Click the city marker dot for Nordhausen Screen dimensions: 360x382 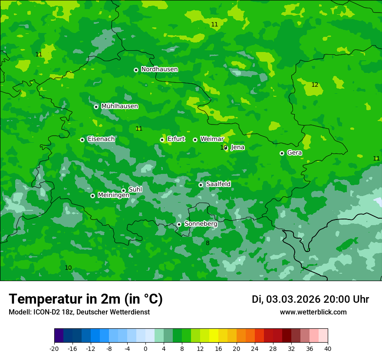(136, 70)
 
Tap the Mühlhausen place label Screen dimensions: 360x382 (119, 106)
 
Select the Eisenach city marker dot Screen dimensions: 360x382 (82, 140)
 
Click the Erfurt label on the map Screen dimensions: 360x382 (176, 139)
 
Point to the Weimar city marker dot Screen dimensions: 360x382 (195, 140)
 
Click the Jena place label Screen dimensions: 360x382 (237, 147)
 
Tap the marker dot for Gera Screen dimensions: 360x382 (282, 153)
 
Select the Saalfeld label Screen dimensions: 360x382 (218, 184)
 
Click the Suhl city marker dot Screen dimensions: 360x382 (123, 190)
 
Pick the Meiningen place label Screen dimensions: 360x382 (113, 196)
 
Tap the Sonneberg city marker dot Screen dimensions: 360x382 (179, 224)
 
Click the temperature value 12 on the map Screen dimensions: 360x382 (315, 85)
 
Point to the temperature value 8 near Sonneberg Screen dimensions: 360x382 (207, 243)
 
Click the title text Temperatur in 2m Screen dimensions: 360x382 (86, 299)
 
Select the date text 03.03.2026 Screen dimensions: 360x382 (293, 299)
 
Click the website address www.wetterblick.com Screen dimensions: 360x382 (313, 312)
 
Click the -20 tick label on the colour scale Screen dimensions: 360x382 (54, 348)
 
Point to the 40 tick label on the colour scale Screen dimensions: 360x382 (327, 348)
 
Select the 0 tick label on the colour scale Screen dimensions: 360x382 (145, 348)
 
